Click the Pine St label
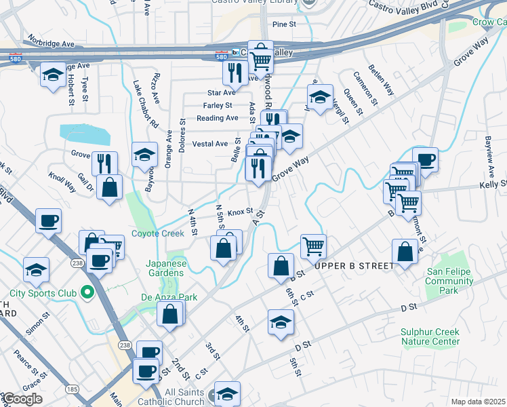pyautogui.click(x=285, y=24)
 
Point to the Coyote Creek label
pyautogui.click(x=158, y=233)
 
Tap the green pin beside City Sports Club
pyautogui.click(x=87, y=293)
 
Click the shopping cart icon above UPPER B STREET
pyautogui.click(x=313, y=246)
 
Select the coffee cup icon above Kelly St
pyautogui.click(x=425, y=160)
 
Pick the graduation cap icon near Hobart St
pyautogui.click(x=53, y=75)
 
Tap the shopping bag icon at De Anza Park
pyautogui.click(x=170, y=314)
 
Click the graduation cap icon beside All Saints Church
pyautogui.click(x=227, y=393)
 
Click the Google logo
pyautogui.click(x=22, y=398)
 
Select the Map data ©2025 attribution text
pyautogui.click(x=477, y=402)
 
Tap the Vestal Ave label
pyautogui.click(x=210, y=144)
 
